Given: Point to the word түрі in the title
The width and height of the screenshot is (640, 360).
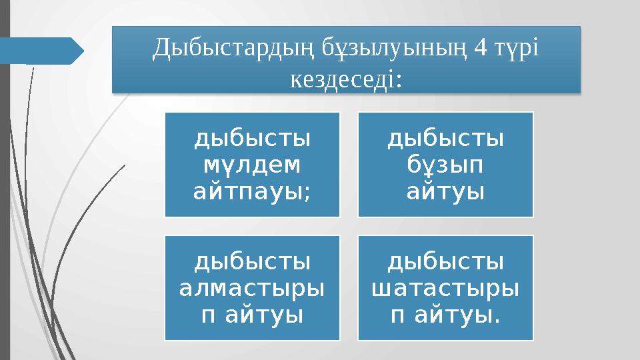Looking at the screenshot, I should [x=516, y=49].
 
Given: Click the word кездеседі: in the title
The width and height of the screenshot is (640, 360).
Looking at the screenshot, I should [x=346, y=79].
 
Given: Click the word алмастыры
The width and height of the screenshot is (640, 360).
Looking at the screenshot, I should [x=252, y=289].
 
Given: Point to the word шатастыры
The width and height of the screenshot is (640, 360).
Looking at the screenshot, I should [x=445, y=289].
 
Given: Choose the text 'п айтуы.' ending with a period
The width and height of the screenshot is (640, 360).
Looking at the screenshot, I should [x=445, y=316].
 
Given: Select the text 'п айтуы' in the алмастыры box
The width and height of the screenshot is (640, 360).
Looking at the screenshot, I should [x=252, y=316].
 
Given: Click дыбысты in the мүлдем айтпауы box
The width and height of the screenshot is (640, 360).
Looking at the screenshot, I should [x=252, y=138].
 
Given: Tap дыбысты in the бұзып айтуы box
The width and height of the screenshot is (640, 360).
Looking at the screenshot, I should [x=445, y=138].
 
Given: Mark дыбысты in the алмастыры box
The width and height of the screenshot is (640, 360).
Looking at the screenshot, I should [x=252, y=262].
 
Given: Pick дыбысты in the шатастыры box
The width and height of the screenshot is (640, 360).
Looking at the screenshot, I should [x=445, y=262].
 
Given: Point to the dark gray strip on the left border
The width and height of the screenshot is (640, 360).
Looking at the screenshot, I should [x=5, y=200].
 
